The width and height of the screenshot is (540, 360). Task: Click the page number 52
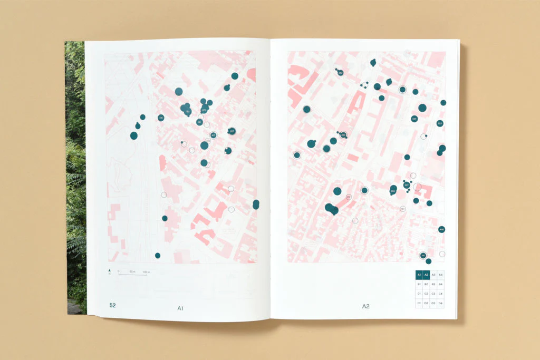tap(113, 305)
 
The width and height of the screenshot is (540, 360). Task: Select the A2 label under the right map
tap(365, 306)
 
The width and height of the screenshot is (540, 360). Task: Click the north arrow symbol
tap(109, 271)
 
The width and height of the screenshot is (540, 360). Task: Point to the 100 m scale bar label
tap(147, 271)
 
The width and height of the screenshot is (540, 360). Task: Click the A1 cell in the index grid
tap(419, 275)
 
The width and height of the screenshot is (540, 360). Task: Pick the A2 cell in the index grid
tap(426, 275)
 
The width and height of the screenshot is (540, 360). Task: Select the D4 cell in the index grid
tap(440, 303)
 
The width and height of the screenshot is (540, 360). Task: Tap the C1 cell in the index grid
tap(419, 294)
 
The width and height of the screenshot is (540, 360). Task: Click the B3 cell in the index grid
tap(433, 284)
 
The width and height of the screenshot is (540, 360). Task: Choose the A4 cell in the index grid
tap(440, 275)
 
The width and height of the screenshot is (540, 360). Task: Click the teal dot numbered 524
tap(414, 119)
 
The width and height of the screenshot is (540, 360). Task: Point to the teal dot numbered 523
tap(439, 123)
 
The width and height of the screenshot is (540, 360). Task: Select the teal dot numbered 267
tap(232, 131)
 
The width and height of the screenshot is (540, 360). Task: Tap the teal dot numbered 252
tap(340, 73)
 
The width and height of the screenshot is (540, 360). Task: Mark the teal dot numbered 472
tap(204, 110)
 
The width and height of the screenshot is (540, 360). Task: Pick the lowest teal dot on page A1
tap(157, 256)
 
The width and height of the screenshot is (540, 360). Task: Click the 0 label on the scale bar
tap(119, 271)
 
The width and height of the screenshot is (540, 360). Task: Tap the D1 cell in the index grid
tap(419, 303)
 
